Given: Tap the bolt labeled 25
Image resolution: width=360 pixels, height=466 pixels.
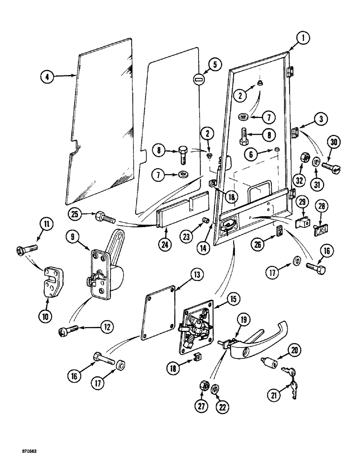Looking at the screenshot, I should pos(104,218).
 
